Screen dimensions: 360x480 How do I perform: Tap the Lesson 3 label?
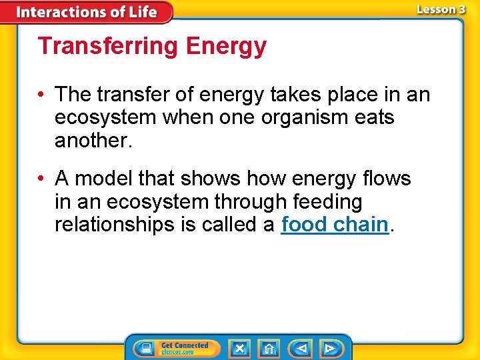tap(441, 10)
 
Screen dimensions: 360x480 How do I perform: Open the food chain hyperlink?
tap(335, 225)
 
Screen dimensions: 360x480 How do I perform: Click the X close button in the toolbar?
tap(239, 348)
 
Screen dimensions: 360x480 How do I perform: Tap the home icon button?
tap(269, 348)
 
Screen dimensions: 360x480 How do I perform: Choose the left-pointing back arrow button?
tap(301, 348)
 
